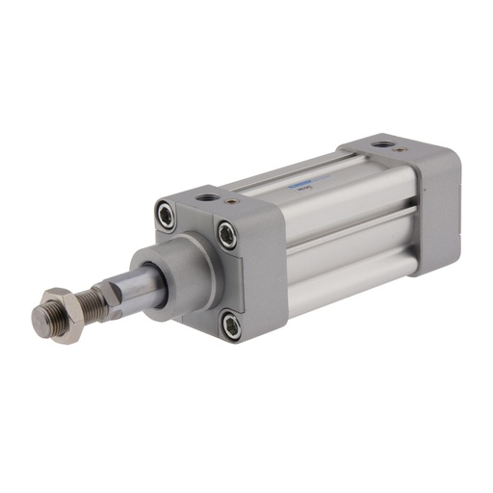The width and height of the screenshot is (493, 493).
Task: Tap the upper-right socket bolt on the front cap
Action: pyautogui.click(x=227, y=231)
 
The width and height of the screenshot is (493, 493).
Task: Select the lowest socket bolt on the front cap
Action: pyautogui.click(x=232, y=325)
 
